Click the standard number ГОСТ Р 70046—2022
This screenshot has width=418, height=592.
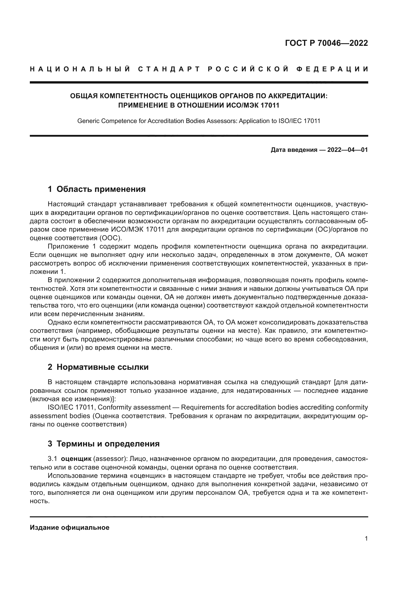(x=326, y=43)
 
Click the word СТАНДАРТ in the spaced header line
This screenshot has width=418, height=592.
(x=169, y=69)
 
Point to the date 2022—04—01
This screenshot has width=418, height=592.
(x=347, y=150)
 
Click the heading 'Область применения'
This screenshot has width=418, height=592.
(x=101, y=189)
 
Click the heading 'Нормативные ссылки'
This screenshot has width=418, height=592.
(x=102, y=367)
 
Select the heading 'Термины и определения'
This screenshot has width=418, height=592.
(x=108, y=444)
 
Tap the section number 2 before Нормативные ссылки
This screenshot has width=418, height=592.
(x=50, y=367)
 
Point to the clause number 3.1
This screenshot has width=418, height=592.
(x=52, y=459)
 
